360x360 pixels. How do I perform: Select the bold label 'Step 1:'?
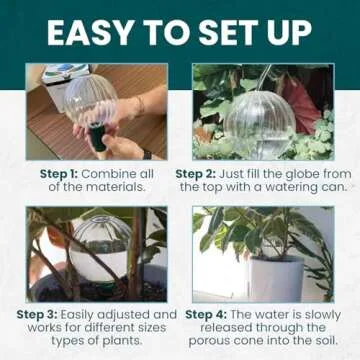click(x=60, y=173)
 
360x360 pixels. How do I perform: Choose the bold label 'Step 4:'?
click(x=207, y=314)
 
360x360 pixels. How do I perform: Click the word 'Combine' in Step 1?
click(x=111, y=173)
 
